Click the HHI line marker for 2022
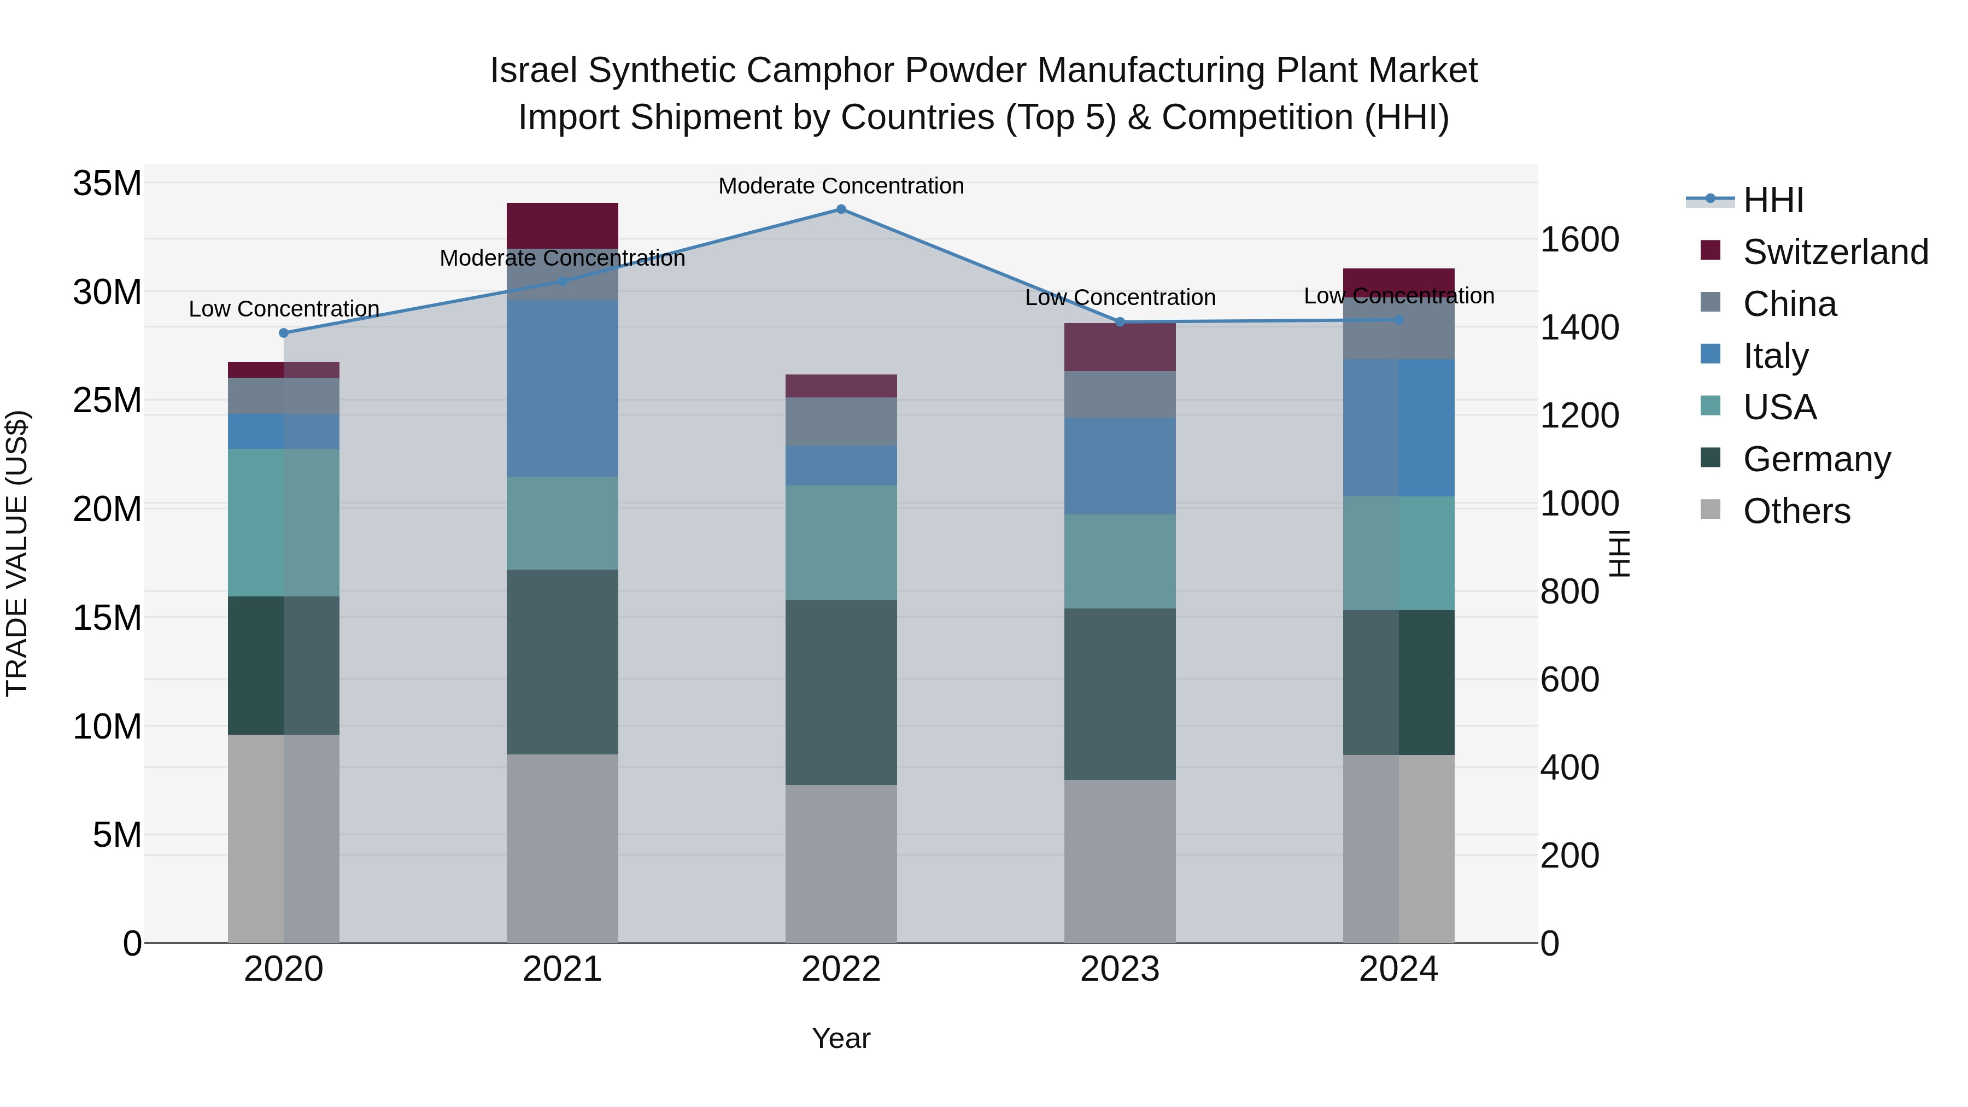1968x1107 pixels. point(841,209)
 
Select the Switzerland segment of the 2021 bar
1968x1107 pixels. point(563,225)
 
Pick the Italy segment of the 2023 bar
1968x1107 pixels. point(1120,466)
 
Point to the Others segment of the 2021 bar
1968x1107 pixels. point(563,848)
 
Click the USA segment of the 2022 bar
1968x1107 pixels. point(841,542)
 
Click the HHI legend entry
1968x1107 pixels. point(1772,200)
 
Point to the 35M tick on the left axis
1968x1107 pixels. point(107,184)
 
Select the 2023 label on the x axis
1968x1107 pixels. point(1120,969)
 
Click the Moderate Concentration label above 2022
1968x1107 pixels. point(841,186)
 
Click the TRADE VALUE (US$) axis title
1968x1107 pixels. point(17,553)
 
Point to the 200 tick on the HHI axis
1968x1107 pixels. point(1569,856)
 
